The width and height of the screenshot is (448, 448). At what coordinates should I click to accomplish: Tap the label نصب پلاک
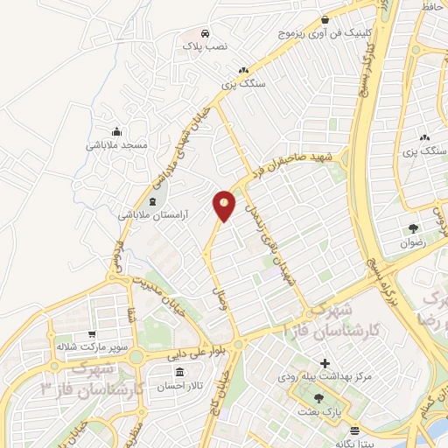point(203,44)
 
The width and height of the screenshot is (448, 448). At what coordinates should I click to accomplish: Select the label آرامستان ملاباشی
point(153,214)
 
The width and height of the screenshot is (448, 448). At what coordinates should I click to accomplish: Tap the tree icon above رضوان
point(413,229)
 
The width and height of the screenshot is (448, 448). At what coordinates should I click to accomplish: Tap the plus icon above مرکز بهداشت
point(325,363)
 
